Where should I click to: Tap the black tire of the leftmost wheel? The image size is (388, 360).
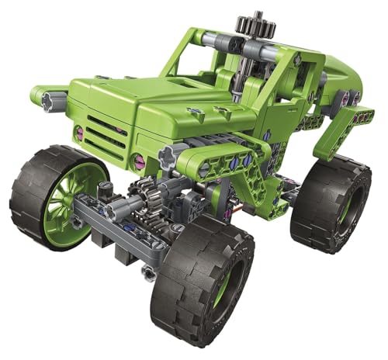pos(27,186)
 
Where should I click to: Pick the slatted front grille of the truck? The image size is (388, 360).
pos(109,132)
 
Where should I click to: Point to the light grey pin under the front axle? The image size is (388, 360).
pos(148,272)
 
